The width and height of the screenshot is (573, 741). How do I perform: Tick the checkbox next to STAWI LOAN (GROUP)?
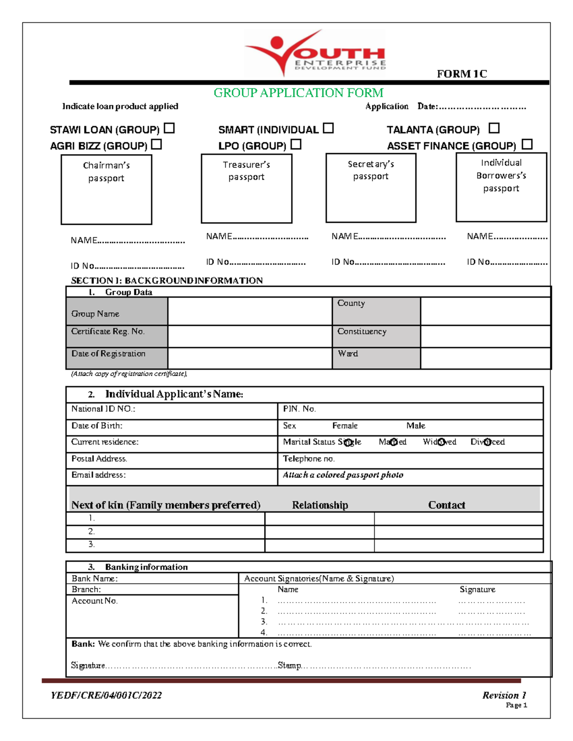tap(169, 128)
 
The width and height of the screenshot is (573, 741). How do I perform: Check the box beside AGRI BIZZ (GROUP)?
tap(157, 144)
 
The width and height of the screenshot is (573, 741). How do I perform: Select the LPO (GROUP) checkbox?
tap(296, 144)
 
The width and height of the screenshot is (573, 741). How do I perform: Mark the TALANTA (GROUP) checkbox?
tap(494, 128)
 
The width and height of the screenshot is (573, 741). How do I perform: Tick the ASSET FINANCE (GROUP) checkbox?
tap(527, 144)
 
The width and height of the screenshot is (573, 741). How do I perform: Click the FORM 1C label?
tap(462, 74)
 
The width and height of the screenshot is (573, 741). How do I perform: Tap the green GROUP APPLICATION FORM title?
tap(298, 93)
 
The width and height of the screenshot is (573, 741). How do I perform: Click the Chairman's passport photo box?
tap(106, 189)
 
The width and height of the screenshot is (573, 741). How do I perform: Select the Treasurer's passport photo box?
tap(246, 188)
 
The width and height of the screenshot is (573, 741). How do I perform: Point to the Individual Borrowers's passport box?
tap(501, 187)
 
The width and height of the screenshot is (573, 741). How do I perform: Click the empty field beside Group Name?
tap(249, 312)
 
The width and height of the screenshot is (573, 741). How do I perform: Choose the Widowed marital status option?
tap(441, 442)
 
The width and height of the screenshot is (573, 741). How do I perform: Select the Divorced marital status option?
tap(487, 442)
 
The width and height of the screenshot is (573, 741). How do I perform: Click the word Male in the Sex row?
tap(415, 426)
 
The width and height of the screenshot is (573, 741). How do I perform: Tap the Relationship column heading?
tap(320, 505)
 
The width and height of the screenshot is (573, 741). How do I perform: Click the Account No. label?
tap(95, 601)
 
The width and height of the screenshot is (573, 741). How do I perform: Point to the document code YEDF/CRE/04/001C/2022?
tap(106, 695)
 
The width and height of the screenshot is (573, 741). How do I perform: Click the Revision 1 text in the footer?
tap(504, 695)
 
